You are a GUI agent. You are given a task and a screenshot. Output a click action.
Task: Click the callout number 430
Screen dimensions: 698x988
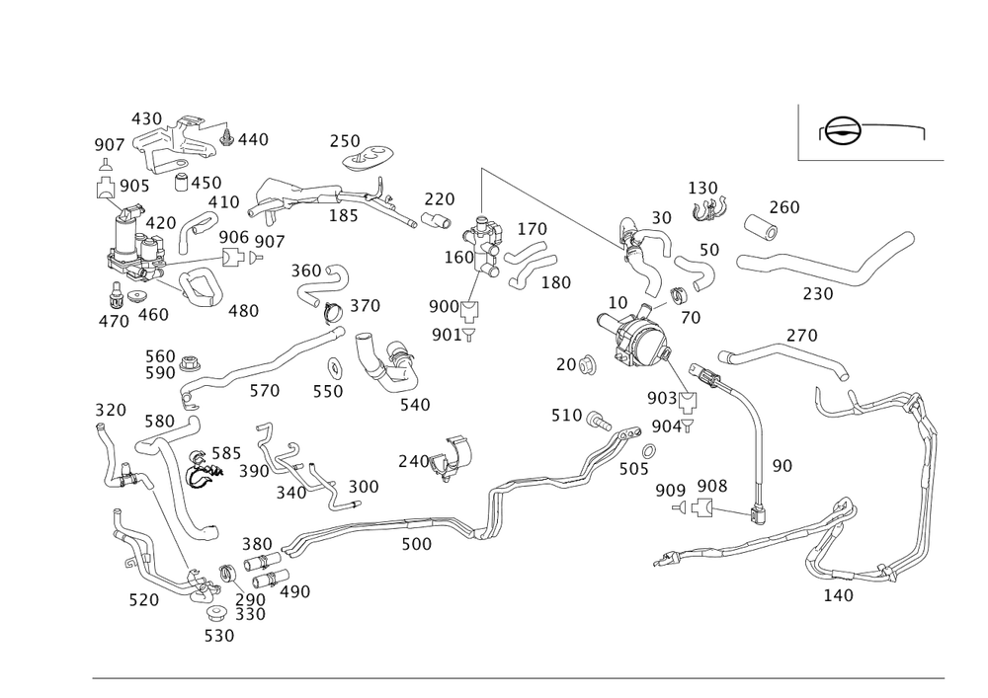pos(147,118)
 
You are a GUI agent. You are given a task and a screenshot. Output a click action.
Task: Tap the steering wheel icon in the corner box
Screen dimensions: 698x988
pos(840,131)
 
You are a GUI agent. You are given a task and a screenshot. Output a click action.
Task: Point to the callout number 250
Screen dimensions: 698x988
pos(345,140)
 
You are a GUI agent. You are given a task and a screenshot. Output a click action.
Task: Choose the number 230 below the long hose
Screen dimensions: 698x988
pos(816,294)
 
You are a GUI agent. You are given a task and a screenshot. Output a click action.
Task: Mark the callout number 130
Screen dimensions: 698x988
pos(702,188)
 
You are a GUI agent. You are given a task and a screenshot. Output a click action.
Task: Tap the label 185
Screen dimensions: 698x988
pos(343,215)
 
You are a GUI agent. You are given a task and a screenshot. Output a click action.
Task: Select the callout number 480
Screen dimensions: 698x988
pos(243,311)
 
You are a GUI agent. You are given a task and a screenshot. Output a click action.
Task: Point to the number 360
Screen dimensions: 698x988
pos(306,271)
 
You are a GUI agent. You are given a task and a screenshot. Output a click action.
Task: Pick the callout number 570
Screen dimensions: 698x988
pos(264,391)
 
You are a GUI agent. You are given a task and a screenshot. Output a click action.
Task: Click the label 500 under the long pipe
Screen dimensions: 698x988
pos(416,544)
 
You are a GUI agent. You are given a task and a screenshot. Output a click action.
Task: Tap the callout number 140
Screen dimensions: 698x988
pos(837,594)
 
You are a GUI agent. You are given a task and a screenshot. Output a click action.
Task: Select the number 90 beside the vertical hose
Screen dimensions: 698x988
pos(781,464)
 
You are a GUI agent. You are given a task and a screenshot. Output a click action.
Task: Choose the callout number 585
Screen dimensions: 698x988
pos(225,452)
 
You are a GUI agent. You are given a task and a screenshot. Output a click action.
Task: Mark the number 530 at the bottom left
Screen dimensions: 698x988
pos(218,636)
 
